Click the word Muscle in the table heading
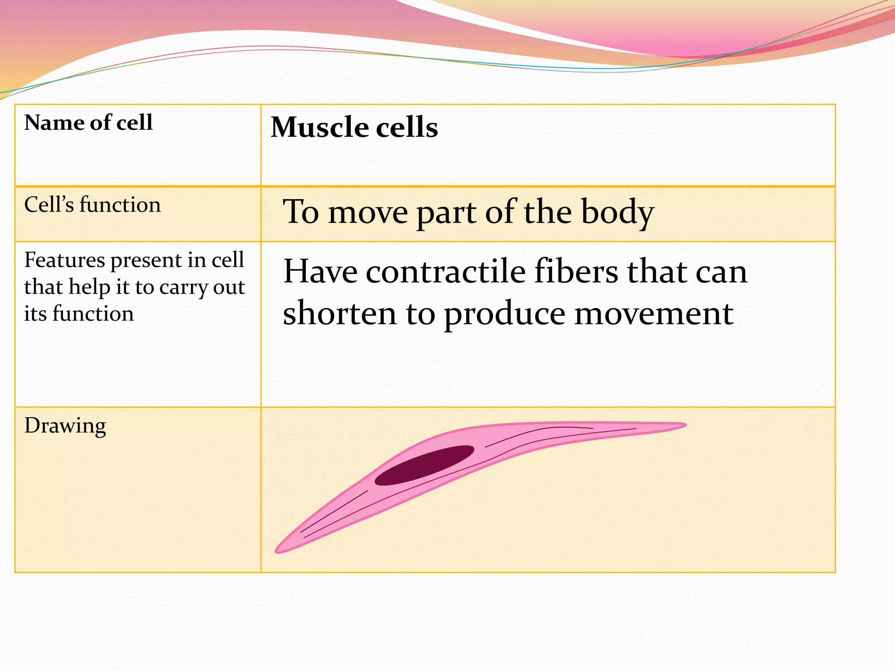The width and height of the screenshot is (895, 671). click(319, 128)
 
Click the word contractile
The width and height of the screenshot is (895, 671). click(445, 272)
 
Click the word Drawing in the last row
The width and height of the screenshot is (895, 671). click(65, 426)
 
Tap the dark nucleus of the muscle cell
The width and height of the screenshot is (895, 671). click(424, 466)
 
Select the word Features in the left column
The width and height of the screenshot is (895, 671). click(64, 260)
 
